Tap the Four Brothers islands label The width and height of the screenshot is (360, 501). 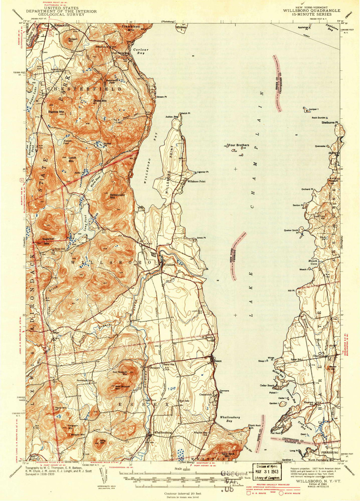coord(239,145)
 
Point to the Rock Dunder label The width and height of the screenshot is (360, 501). coord(318,117)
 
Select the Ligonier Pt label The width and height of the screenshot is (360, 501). coord(203,172)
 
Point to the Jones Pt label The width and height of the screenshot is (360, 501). coord(201,238)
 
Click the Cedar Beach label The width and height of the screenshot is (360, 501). coord(267,385)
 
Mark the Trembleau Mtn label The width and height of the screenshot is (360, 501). coord(130,27)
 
